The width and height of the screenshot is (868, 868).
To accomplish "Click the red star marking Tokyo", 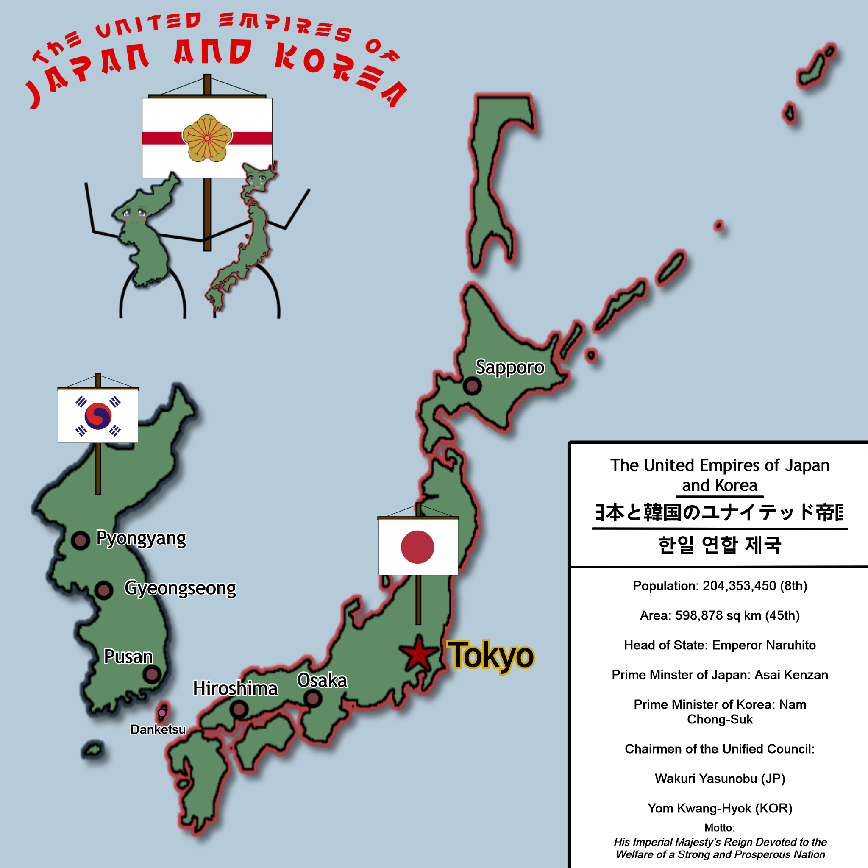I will tap(418, 654).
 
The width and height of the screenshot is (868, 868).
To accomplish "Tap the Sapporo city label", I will tap(510, 367).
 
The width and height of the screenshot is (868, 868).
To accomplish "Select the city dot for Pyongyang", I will tap(81, 540).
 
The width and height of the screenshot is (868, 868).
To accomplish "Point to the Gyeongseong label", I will tap(180, 588).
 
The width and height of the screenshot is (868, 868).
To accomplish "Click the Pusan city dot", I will tap(152, 674).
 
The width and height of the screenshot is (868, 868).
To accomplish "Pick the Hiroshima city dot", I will tap(239, 709).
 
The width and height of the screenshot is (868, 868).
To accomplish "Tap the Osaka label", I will tap(322, 680).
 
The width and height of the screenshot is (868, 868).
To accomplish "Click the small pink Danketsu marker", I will tap(162, 712).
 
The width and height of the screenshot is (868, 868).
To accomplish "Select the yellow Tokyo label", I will tap(491, 656).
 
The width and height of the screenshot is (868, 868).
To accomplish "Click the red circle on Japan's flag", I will tap(417, 547).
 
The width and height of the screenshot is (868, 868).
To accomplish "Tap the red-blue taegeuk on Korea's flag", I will tap(98, 416).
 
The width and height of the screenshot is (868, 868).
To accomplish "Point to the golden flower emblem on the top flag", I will tap(207, 138).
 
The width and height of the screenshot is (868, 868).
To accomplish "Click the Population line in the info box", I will tap(720, 586).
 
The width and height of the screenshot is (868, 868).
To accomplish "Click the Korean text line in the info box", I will tap(720, 545).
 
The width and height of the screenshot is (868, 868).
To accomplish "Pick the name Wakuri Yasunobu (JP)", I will tap(720, 779).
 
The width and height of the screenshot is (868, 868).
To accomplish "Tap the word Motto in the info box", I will tap(719, 828).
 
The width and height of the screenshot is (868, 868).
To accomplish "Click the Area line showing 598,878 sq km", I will tap(720, 615).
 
